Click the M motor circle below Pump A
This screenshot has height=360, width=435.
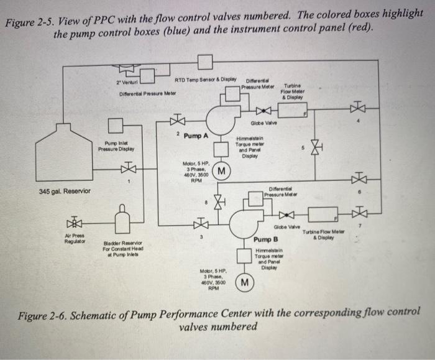[x=222, y=170]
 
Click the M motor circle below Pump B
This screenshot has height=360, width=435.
[x=244, y=283]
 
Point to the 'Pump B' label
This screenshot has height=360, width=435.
[x=265, y=239]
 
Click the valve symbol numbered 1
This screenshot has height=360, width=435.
[x=128, y=168]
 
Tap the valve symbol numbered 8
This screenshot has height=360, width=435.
[x=217, y=201]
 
